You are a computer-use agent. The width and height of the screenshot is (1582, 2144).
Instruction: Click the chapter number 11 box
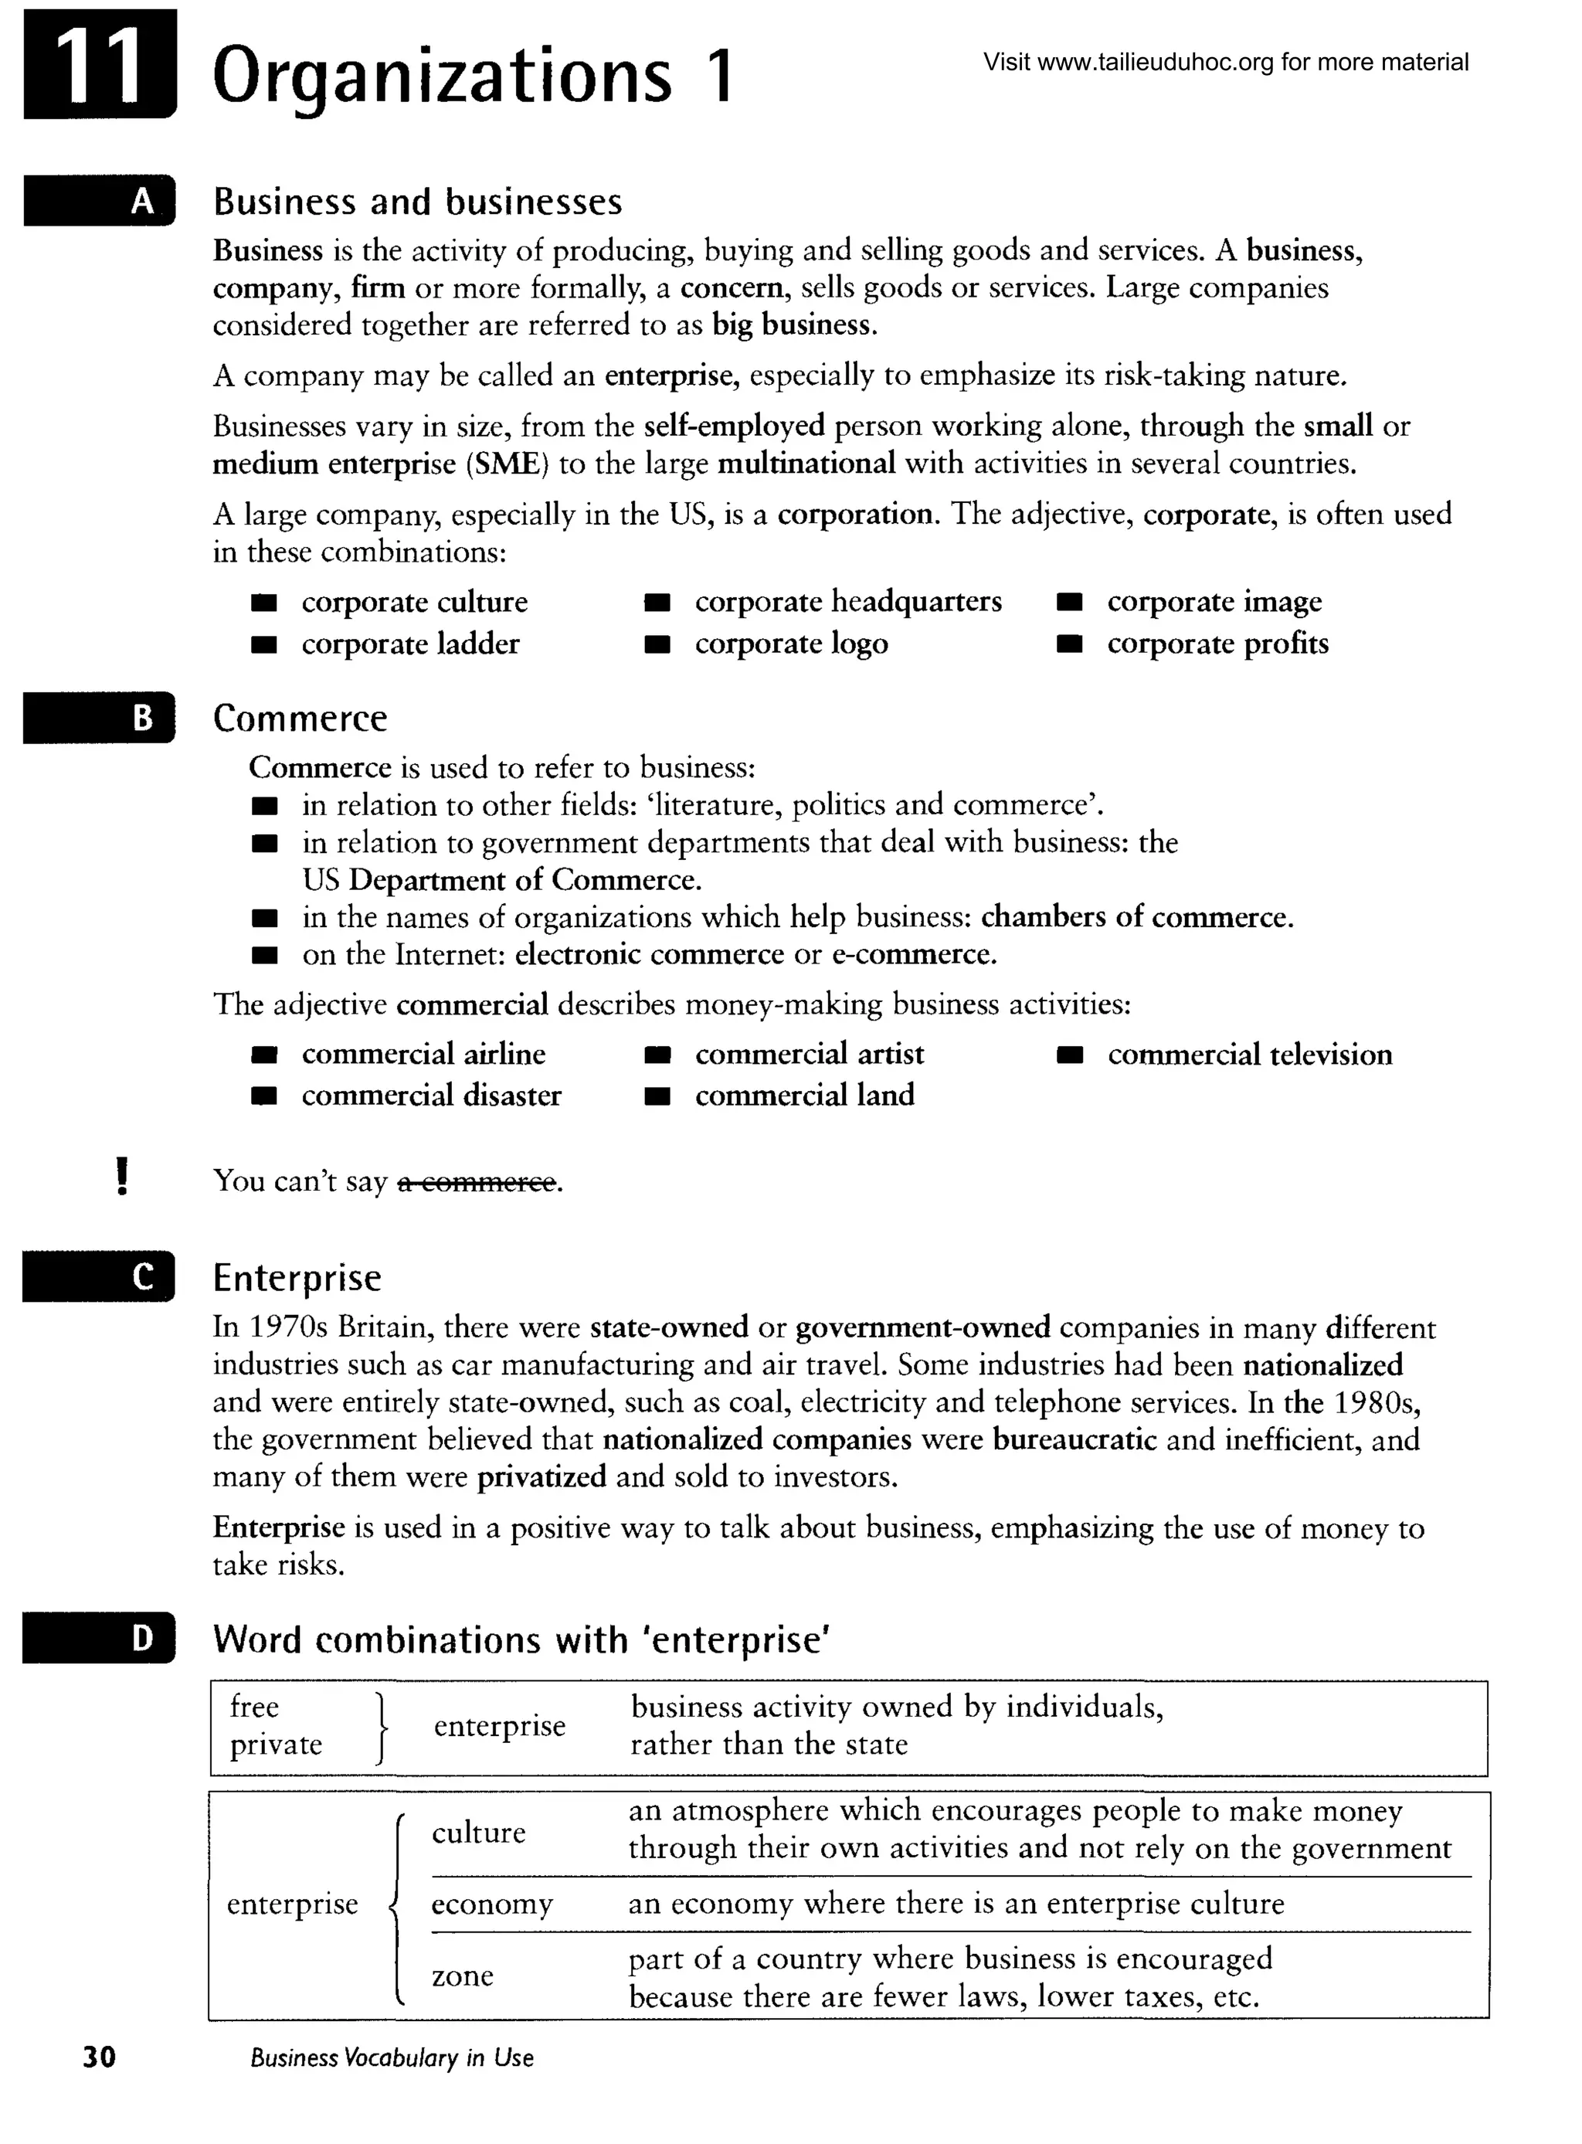(100, 65)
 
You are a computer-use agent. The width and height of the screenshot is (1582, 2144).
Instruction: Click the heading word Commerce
(300, 719)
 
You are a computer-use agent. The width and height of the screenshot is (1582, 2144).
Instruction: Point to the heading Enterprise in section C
(297, 1277)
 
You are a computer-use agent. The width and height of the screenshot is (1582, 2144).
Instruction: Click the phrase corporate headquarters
(847, 601)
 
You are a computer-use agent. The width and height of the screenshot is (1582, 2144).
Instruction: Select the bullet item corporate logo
(791, 644)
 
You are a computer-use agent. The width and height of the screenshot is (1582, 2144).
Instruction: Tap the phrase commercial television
(1249, 1055)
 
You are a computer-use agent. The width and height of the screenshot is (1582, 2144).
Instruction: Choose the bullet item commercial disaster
(431, 1096)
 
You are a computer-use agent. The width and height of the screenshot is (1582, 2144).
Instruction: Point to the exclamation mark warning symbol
(121, 1176)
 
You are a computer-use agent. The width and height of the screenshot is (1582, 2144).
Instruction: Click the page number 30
(100, 2057)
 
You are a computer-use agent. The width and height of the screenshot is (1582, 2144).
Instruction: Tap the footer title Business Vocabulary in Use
(392, 2057)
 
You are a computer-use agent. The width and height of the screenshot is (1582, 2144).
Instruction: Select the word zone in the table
(463, 1976)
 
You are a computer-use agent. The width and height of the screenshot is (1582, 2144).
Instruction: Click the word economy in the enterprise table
(491, 1904)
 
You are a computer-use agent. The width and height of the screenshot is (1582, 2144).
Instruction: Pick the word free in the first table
(255, 1707)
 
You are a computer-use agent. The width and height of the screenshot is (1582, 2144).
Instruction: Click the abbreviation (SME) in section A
(508, 464)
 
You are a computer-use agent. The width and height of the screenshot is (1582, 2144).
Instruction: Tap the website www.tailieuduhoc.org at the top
(1155, 63)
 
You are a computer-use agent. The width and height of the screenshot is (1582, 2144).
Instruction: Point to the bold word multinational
(806, 464)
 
